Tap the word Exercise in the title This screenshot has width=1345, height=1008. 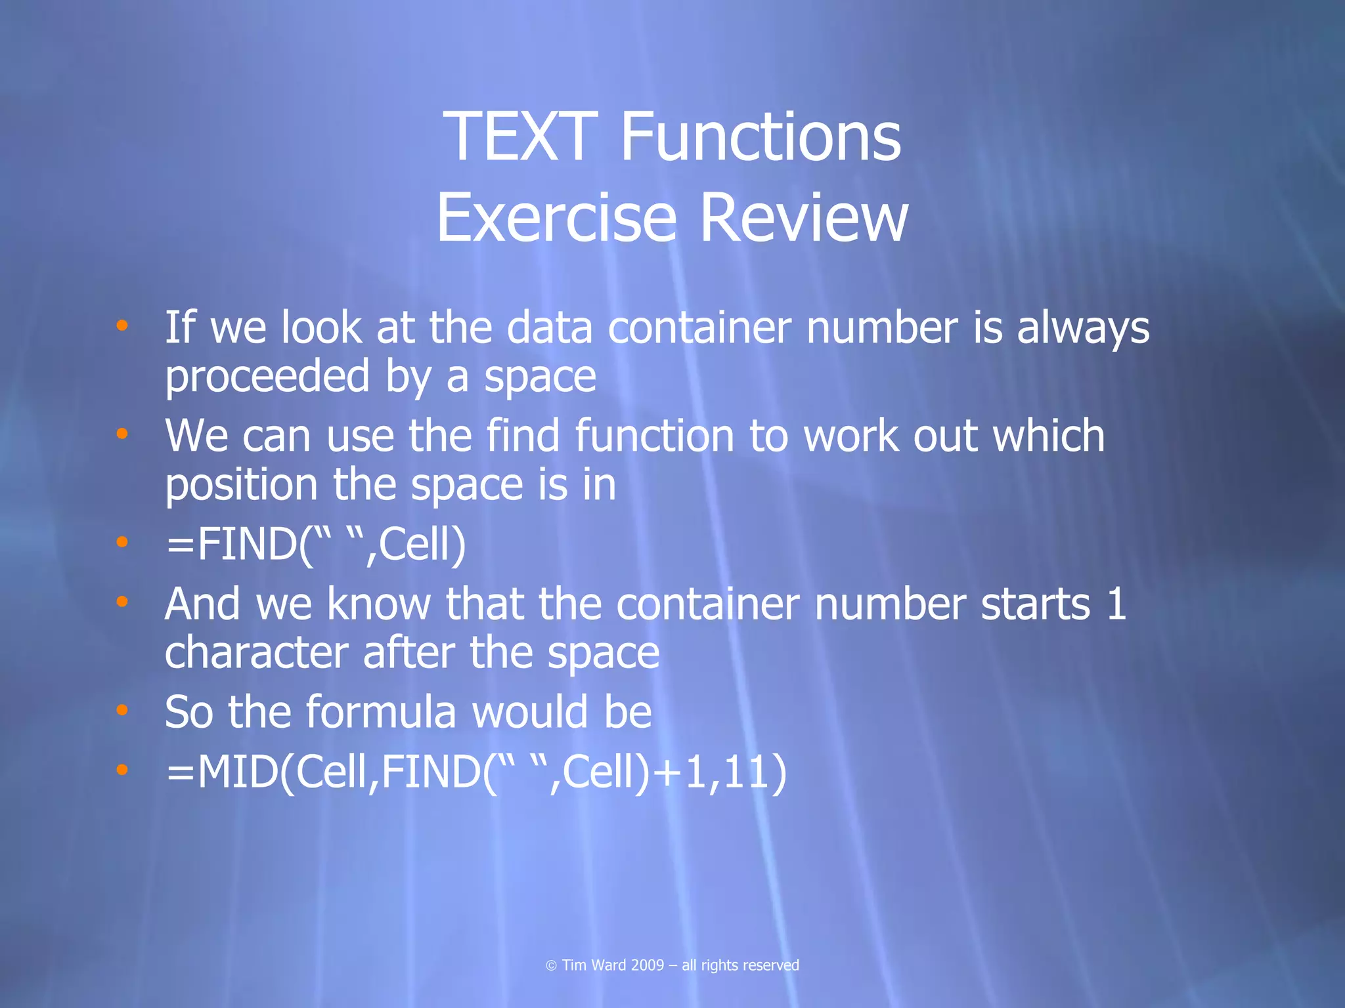(556, 218)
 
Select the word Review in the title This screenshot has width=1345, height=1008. (804, 218)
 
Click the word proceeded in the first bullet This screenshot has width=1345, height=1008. (267, 377)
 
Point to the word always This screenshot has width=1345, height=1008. (1083, 328)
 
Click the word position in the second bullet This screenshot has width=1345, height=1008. (241, 486)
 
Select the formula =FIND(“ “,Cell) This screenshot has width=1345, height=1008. (315, 544)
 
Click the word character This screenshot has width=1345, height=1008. (256, 653)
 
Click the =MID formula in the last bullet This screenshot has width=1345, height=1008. (475, 771)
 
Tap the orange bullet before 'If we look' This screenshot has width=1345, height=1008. (121, 325)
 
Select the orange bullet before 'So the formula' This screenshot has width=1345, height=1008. (121, 709)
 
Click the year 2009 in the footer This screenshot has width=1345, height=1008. (647, 965)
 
